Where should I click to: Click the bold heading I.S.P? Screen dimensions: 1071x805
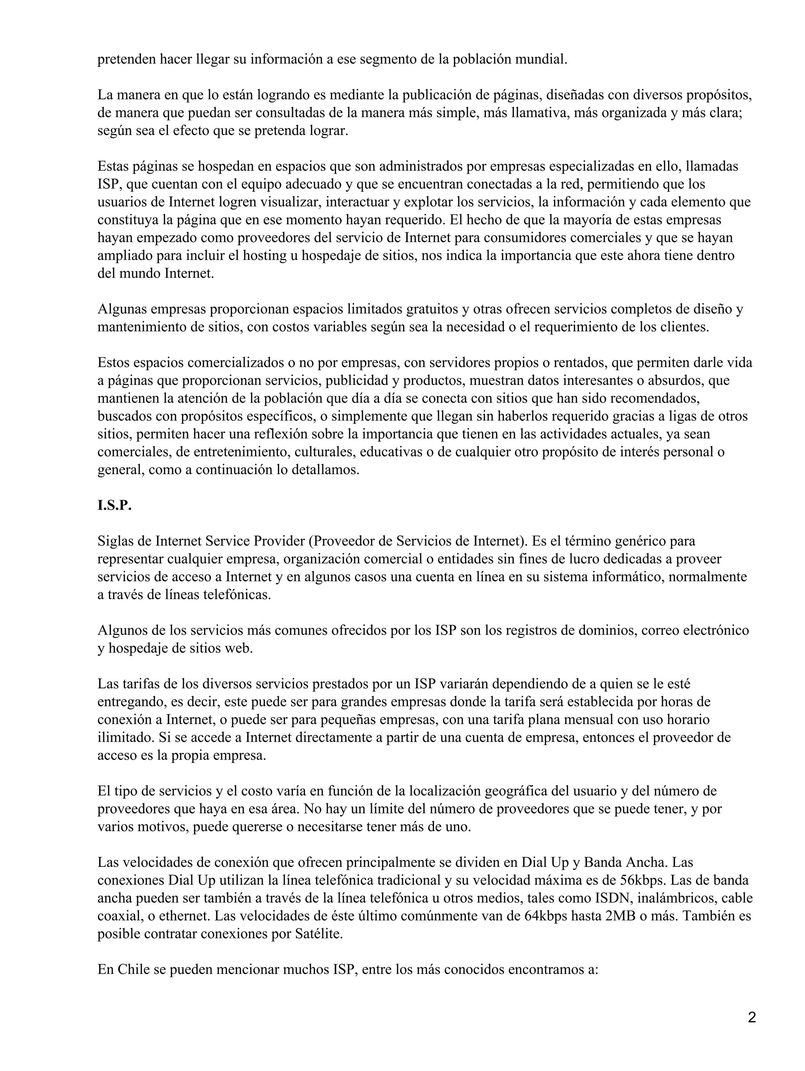[114, 506]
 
